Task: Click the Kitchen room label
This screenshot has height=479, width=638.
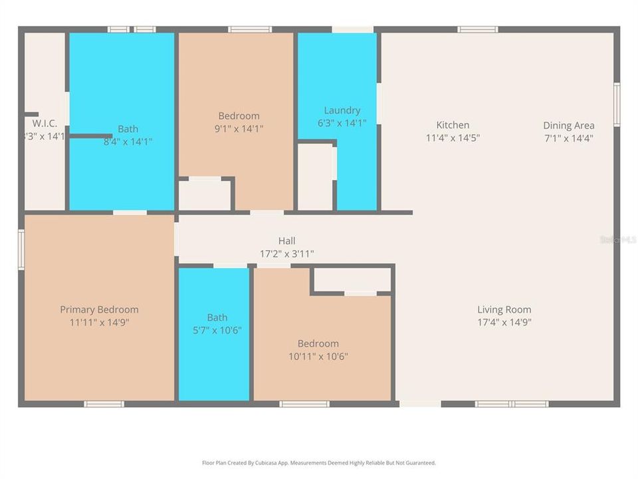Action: [x=453, y=125]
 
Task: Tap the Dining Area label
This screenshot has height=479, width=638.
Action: [x=568, y=126]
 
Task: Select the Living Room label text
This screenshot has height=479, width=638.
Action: [x=504, y=309]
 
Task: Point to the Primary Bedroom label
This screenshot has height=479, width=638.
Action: [x=99, y=309]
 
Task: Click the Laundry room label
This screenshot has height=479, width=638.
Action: [x=342, y=110]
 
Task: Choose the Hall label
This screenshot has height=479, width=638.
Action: [x=286, y=241]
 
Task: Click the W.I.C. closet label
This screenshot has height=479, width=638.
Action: [x=45, y=124]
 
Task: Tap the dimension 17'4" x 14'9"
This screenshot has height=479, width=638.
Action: [x=504, y=323]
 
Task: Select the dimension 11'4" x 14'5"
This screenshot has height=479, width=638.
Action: [x=453, y=138]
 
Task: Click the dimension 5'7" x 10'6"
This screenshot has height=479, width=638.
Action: [x=217, y=331]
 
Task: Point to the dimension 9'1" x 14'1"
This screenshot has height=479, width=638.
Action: [x=239, y=129]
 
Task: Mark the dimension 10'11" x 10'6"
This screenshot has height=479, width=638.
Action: [x=318, y=357]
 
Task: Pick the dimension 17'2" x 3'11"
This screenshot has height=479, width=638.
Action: [x=286, y=253]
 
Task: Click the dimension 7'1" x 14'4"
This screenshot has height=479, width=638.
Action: [x=568, y=138]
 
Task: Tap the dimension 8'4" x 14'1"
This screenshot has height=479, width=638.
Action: [x=128, y=142]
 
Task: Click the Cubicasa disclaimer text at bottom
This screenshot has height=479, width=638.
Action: [x=319, y=462]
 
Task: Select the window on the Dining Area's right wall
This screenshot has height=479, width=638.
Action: [x=617, y=104]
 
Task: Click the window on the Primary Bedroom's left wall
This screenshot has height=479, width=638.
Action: [x=21, y=249]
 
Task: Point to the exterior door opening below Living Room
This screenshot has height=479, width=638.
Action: [x=420, y=403]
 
